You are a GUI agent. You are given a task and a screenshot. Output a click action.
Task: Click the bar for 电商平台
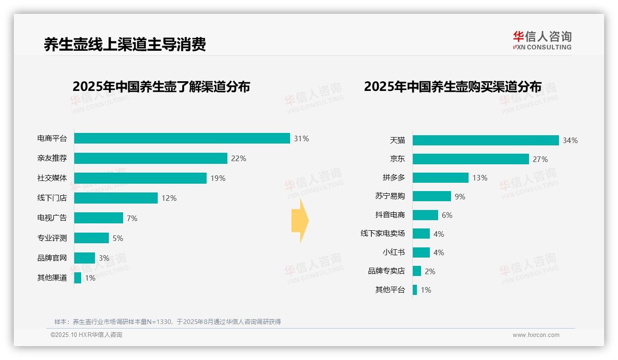pos(182,138)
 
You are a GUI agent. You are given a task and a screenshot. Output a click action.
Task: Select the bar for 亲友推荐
pos(150,158)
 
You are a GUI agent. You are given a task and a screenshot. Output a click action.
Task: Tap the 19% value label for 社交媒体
pos(218,178)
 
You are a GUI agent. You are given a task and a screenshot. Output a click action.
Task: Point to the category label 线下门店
pos(52,198)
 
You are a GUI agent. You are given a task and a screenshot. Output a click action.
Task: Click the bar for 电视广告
pos(99,218)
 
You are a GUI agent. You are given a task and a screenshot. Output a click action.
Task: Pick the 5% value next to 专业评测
pos(118,238)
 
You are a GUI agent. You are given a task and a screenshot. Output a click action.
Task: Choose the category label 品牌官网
pos(52,258)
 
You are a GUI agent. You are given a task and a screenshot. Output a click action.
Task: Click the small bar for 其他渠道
pos(77,278)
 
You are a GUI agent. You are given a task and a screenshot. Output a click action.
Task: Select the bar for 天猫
pos(485,140)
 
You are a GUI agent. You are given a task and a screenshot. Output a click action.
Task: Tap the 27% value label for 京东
pos(540,159)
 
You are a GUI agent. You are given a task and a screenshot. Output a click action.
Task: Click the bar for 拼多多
pos(440,178)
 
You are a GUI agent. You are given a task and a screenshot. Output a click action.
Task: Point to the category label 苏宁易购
pos(390,196)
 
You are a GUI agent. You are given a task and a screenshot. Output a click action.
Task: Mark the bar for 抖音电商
pos(425,215)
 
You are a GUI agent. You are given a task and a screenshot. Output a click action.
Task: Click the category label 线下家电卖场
pos(382,234)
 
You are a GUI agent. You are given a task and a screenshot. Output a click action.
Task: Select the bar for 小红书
pos(421,252)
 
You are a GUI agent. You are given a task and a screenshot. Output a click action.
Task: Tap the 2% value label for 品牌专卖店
pos(430,271)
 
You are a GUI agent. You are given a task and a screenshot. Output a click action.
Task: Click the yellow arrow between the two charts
pos(300,221)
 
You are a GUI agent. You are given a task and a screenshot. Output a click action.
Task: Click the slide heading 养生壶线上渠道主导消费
pos(125,44)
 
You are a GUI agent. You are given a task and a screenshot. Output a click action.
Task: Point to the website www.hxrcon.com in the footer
pos(535,335)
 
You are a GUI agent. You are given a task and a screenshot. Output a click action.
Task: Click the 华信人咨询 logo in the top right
pos(542,40)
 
